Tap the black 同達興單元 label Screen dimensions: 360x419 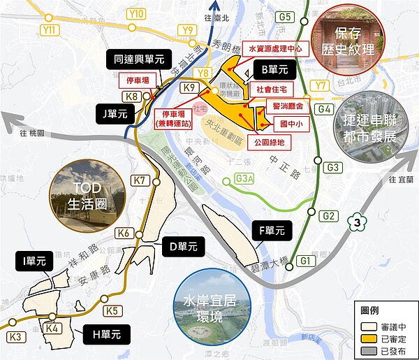(x=139, y=59)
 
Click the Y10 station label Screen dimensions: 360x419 (x=137, y=13)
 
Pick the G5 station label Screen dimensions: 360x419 (x=284, y=16)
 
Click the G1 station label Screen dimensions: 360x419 (x=304, y=261)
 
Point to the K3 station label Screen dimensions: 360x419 (x=16, y=337)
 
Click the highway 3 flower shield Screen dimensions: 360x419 (x=358, y=223)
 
